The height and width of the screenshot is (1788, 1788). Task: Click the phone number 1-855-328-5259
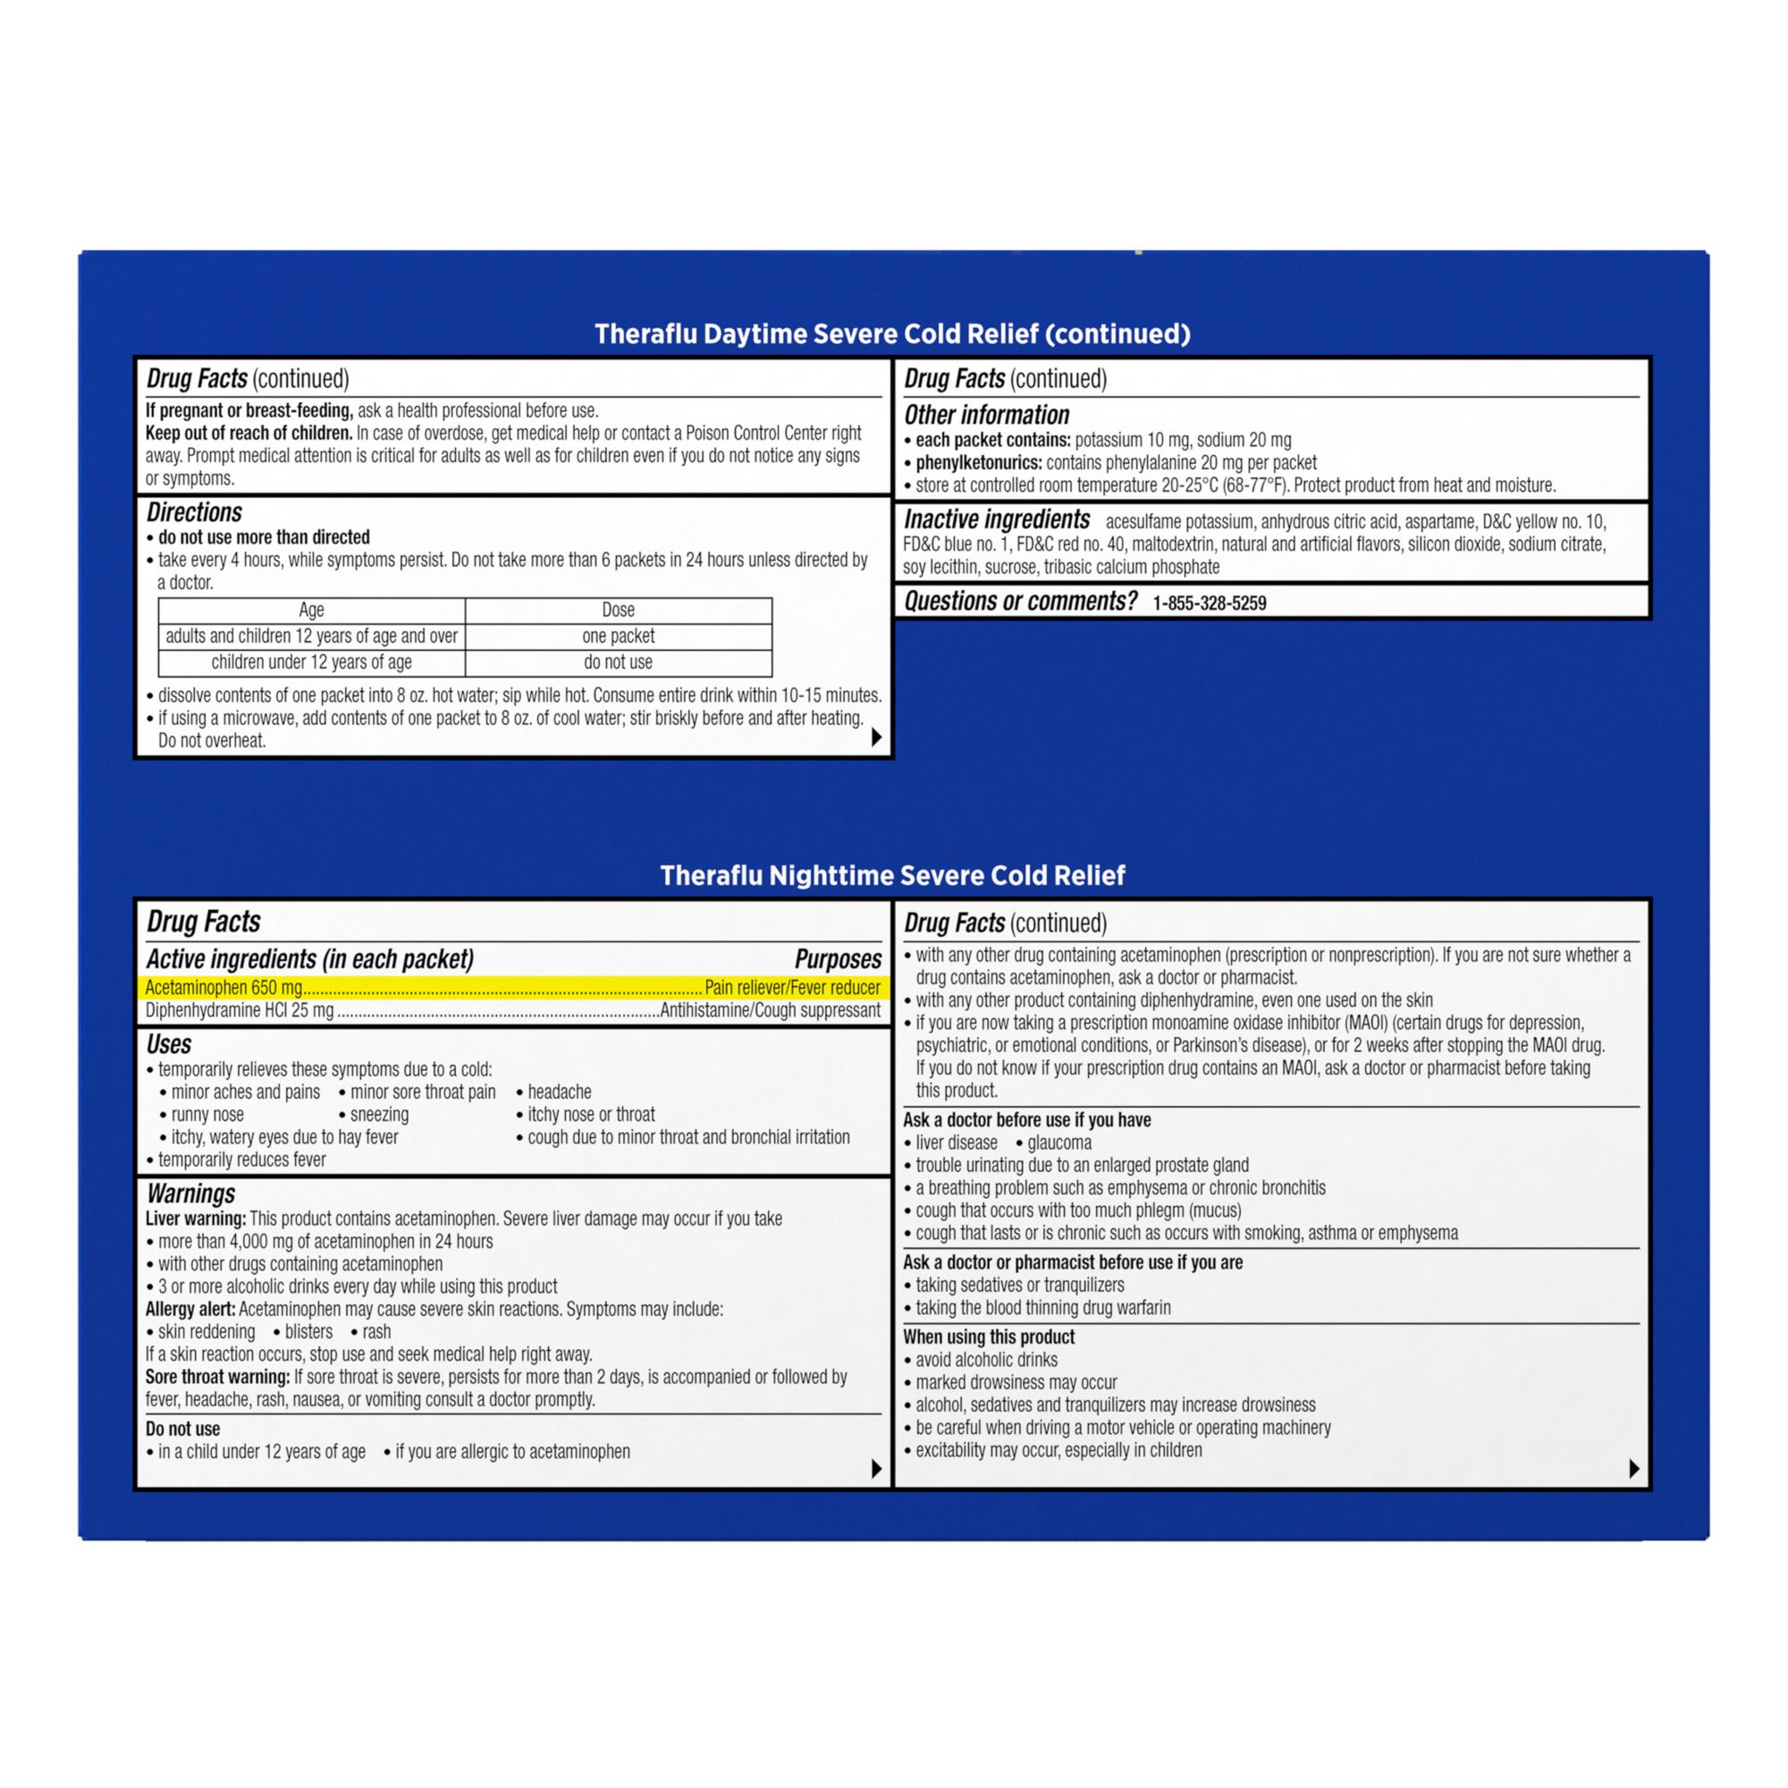click(x=1209, y=603)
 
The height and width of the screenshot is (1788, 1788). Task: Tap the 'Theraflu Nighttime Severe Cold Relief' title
click(x=892, y=874)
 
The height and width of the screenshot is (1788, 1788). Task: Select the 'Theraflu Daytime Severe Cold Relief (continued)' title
click(x=892, y=333)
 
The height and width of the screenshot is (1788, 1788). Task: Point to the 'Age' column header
click(x=311, y=610)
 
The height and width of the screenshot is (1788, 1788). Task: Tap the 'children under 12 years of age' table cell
click(x=311, y=662)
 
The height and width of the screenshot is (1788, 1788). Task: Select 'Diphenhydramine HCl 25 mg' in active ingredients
click(x=239, y=1009)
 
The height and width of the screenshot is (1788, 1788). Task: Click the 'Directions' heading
click(x=193, y=512)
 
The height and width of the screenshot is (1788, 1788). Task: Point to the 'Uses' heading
click(x=168, y=1044)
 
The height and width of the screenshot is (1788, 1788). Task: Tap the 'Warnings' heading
click(x=190, y=1193)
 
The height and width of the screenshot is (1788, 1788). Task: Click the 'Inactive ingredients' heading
click(x=997, y=520)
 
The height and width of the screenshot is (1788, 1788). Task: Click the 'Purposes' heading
click(x=838, y=958)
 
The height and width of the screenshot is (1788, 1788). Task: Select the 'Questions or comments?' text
click(x=1020, y=602)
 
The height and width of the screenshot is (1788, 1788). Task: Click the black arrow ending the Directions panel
click(x=875, y=738)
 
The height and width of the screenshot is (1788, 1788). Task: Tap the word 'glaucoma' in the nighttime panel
click(x=1058, y=1142)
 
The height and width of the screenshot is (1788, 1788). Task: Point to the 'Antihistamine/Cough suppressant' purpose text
click(x=770, y=1009)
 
